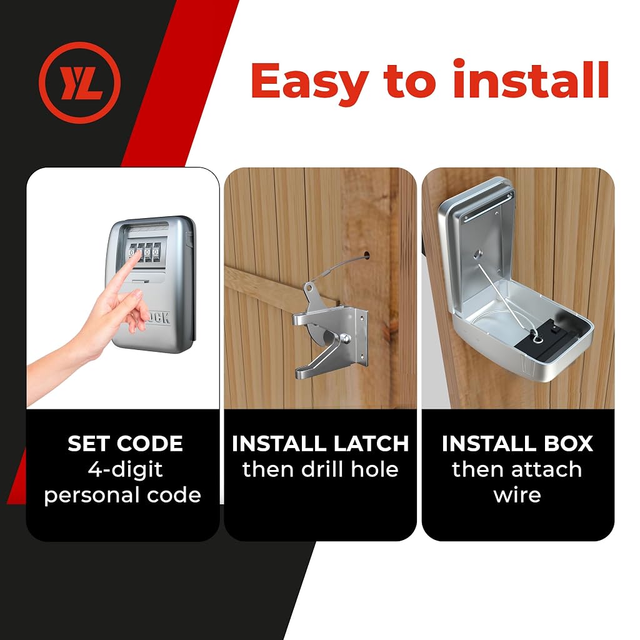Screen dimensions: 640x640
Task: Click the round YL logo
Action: pyautogui.click(x=80, y=82)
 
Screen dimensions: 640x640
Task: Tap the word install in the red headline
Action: pyautogui.click(x=531, y=79)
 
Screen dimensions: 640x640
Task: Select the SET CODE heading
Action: pyautogui.click(x=125, y=444)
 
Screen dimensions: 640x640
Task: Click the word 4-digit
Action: pyautogui.click(x=125, y=470)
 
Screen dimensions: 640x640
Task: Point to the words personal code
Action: pyautogui.click(x=122, y=496)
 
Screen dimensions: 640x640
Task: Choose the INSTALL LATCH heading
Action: pyautogui.click(x=320, y=444)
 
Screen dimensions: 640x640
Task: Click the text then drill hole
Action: pyautogui.click(x=321, y=469)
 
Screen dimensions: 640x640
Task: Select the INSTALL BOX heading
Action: pyautogui.click(x=517, y=444)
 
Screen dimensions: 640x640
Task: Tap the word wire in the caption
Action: pyautogui.click(x=517, y=495)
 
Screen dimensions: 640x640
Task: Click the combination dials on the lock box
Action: pyautogui.click(x=144, y=252)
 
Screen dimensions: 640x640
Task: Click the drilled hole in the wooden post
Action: pyautogui.click(x=366, y=256)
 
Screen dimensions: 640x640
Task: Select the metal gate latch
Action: pyautogui.click(x=330, y=330)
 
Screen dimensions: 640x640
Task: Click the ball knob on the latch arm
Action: pyautogui.click(x=345, y=338)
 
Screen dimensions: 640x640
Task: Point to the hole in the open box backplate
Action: pyautogui.click(x=477, y=255)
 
